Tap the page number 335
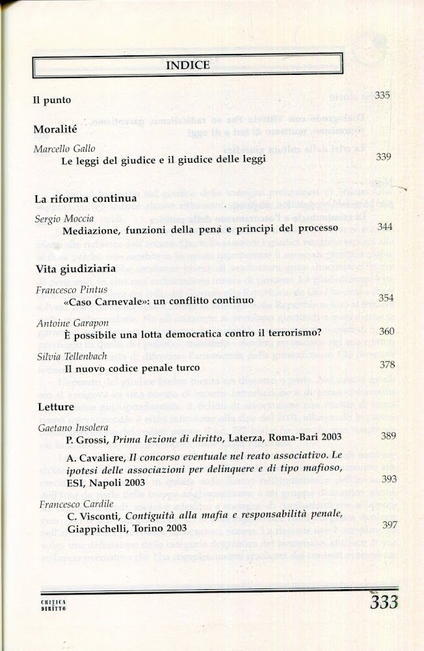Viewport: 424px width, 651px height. [382, 96]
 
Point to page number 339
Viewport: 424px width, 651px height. [384, 157]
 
